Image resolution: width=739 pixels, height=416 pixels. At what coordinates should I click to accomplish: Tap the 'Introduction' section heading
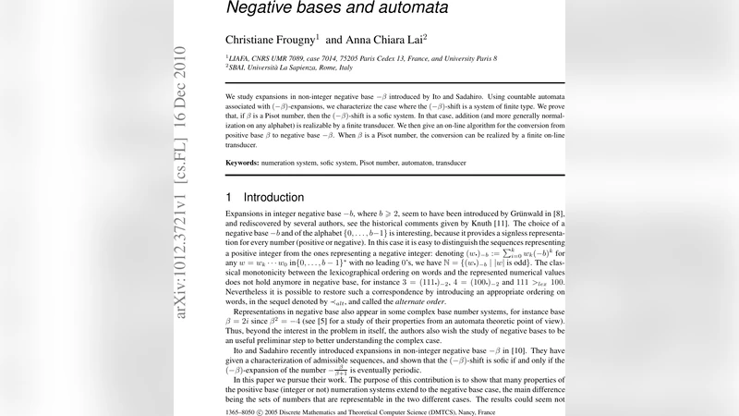point(273,198)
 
